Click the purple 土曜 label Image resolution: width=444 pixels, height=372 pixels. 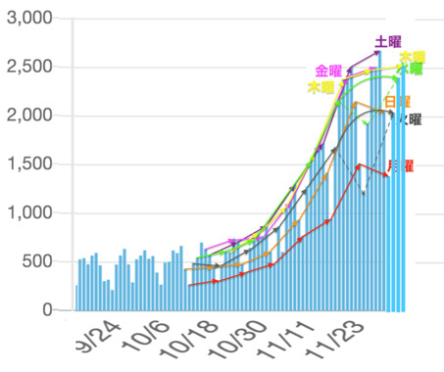pos(389,42)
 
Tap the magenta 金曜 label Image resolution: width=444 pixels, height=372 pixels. pos(328,70)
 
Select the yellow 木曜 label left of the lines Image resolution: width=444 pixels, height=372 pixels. pos(321,87)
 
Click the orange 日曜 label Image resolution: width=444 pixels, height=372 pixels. pos(398,102)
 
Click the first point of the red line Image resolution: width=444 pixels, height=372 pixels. pos(190,285)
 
